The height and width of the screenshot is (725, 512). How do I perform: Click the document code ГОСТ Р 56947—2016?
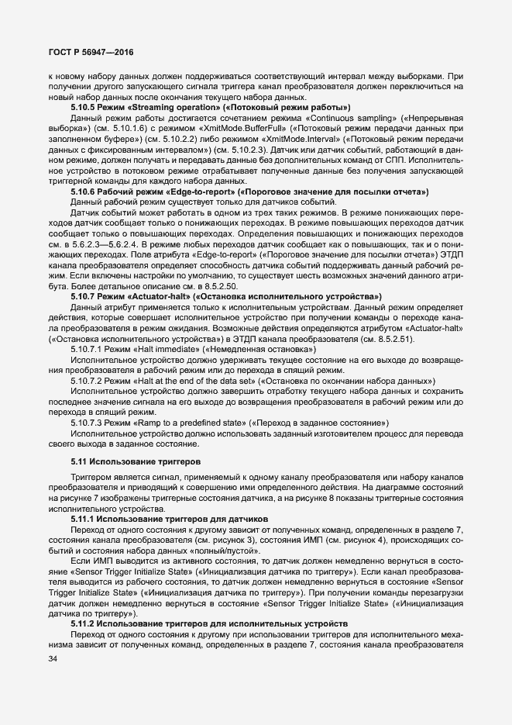pyautogui.click(x=91, y=52)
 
